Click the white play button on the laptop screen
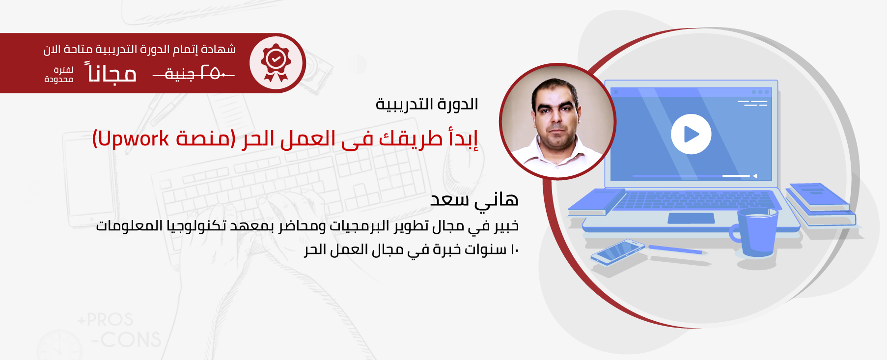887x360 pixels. [691, 134]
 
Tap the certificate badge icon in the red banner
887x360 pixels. [276, 63]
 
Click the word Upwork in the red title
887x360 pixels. [134, 139]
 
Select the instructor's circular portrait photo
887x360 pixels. [557, 121]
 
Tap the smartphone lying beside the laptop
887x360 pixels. [618, 252]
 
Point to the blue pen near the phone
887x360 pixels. [678, 249]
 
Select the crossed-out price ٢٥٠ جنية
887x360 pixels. [194, 74]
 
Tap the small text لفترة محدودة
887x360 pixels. [59, 75]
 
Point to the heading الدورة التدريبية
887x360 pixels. [427, 104]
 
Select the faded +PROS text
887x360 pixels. [105, 320]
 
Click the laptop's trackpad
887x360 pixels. [691, 218]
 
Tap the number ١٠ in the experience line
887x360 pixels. [514, 250]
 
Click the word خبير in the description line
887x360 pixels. [506, 225]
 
